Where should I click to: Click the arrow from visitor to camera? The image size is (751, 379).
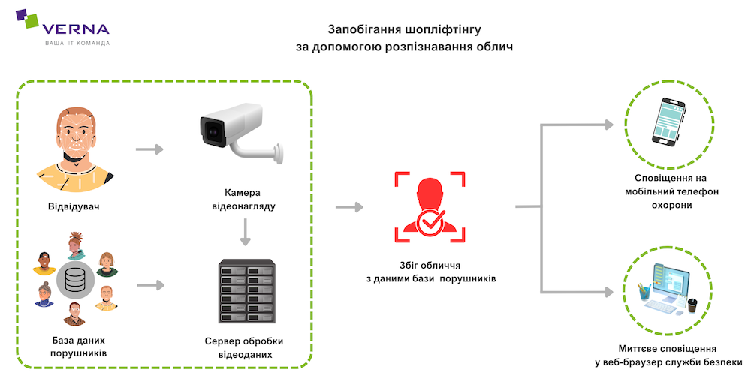coord(149,149)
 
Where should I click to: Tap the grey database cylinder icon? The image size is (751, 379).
coord(74,281)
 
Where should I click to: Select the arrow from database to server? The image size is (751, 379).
coord(150,285)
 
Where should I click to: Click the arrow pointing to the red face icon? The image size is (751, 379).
coord(349,206)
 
